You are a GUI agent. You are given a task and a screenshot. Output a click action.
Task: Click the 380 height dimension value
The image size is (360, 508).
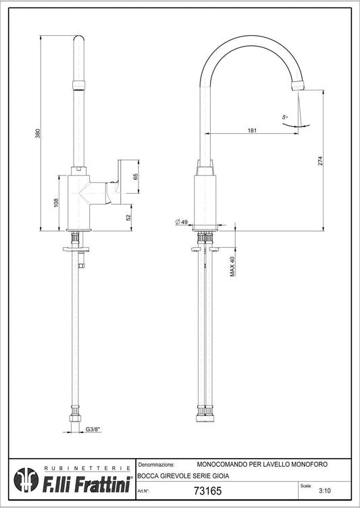tap(38, 133)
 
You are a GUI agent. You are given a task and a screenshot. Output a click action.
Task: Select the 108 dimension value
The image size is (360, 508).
tap(56, 203)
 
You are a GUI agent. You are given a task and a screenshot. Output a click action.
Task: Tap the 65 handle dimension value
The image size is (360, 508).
tap(136, 176)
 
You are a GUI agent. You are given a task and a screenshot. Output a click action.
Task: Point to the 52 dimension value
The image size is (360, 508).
tap(128, 218)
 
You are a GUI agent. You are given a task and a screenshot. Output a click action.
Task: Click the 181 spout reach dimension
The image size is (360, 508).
tap(252, 130)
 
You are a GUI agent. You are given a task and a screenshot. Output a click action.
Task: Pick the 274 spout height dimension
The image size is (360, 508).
tap(320, 161)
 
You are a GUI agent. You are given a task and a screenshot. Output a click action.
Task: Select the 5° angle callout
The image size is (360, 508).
tap(285, 118)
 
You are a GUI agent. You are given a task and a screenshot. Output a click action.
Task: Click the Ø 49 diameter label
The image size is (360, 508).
tap(182, 222)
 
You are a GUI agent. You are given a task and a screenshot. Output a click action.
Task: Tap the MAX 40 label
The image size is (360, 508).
tap(232, 266)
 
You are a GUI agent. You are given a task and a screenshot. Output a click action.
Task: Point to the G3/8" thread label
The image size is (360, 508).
tap(93, 429)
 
